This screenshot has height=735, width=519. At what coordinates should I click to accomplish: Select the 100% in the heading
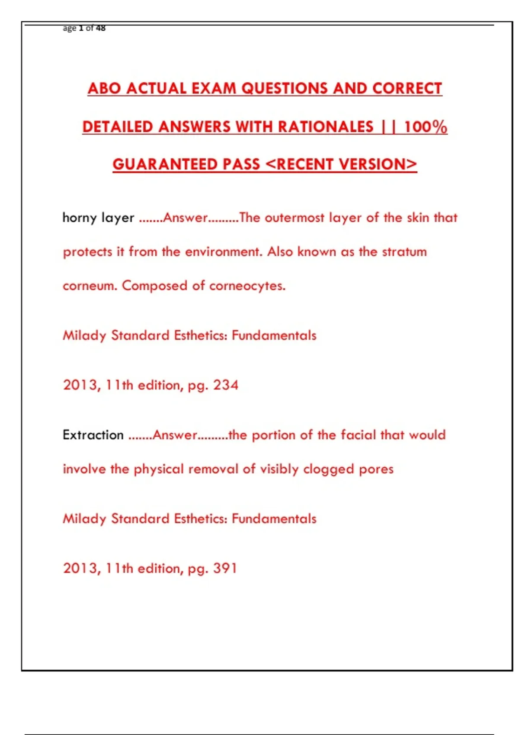pos(425,127)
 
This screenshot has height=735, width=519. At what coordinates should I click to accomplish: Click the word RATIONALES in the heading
pos(326,127)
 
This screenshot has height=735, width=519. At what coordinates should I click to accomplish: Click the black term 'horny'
pos(80,217)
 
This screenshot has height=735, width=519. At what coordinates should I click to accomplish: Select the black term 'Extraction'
pos(93,435)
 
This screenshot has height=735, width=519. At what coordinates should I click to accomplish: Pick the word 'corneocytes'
pos(247,286)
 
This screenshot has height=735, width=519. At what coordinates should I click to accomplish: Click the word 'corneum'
pos(90,286)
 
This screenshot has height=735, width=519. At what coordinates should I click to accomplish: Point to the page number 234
pos(225,385)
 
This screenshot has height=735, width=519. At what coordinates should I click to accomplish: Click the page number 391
pos(225,568)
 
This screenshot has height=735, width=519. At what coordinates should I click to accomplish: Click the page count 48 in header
pos(101,28)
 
